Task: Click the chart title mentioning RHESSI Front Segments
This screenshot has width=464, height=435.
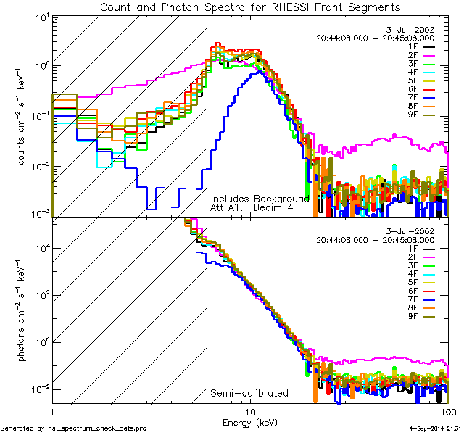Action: click(250, 7)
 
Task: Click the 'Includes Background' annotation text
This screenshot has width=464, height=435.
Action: click(260, 198)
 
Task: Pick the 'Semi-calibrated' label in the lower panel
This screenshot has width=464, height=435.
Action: click(249, 393)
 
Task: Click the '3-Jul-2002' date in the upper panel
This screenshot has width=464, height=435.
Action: click(412, 29)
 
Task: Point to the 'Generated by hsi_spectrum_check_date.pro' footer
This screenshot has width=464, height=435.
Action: click(74, 428)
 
